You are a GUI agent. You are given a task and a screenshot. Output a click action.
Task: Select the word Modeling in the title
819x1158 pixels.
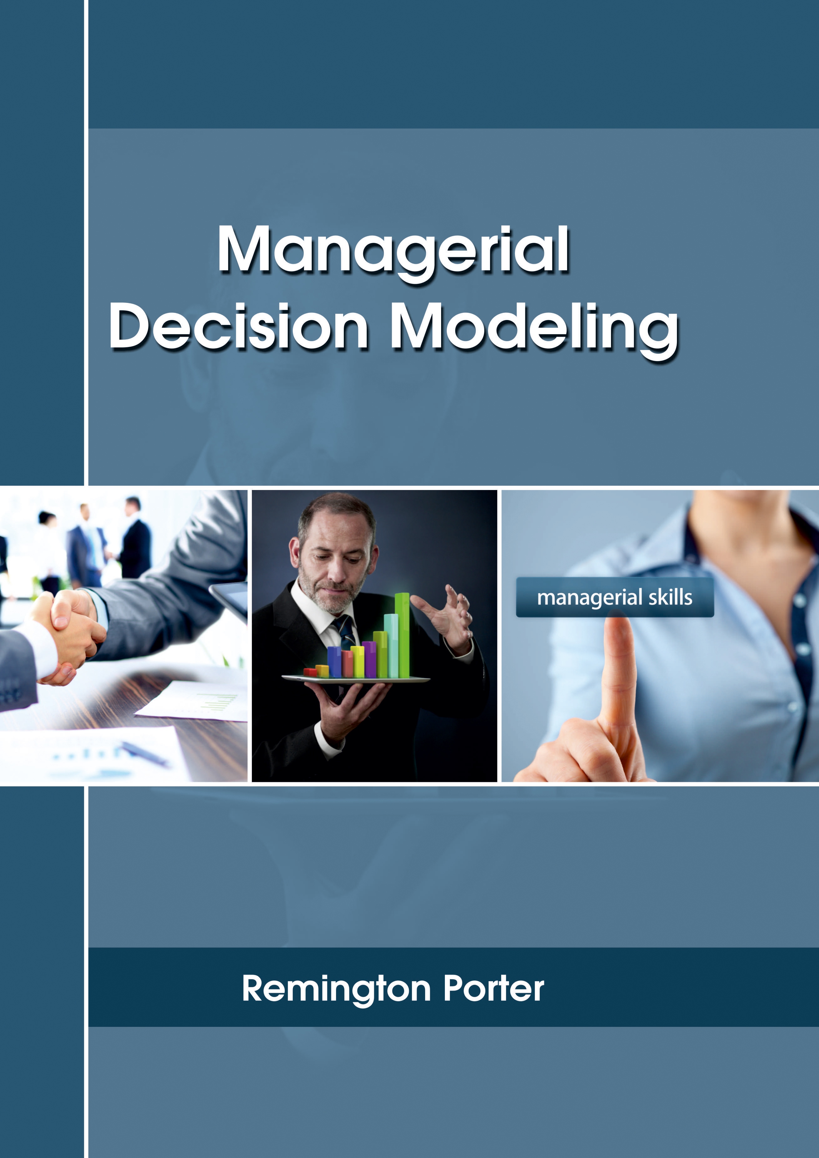pos(535,331)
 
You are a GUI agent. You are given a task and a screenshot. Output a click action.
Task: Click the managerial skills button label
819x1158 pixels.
pos(614,598)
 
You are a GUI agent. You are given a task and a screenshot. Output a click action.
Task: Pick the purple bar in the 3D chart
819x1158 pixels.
pos(369,659)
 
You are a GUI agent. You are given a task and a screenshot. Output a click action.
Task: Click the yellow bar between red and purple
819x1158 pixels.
pos(358,662)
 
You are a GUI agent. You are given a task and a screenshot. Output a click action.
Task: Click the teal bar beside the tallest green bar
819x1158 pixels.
pos(391,645)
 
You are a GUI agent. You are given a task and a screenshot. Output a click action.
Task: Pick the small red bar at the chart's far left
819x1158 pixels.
pos(310,672)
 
